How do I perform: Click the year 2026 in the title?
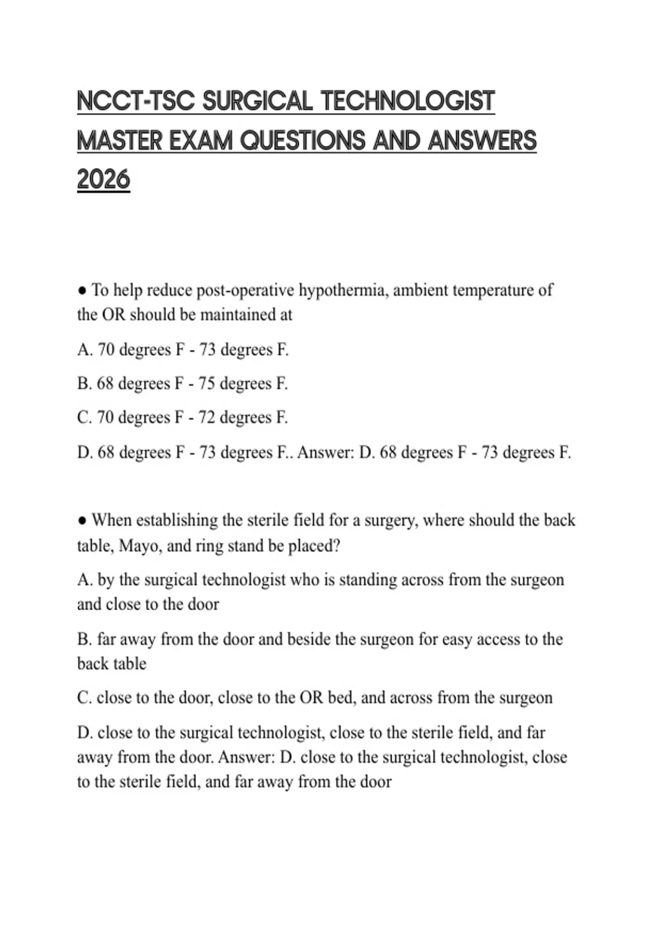[103, 180]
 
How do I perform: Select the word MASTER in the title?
[119, 140]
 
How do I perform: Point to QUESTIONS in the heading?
[303, 140]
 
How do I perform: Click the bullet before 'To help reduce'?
[82, 291]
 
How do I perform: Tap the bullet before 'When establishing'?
[82, 521]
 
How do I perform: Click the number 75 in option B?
[206, 384]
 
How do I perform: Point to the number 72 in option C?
[206, 418]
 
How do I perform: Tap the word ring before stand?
[208, 545]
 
